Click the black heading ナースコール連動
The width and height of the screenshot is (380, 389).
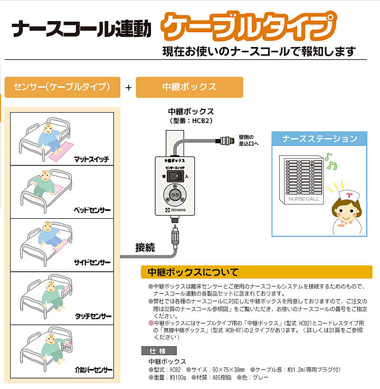tap(82, 29)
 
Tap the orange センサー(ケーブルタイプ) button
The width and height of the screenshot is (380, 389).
tap(62, 87)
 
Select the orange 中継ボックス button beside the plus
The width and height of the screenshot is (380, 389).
tap(189, 87)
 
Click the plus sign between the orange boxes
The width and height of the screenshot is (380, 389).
tap(128, 88)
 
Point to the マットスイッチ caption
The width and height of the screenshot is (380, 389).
tap(91, 158)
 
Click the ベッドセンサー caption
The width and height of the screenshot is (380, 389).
tap(91, 210)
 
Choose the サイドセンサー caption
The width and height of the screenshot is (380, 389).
tap(91, 262)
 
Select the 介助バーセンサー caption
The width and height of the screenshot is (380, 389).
tap(90, 370)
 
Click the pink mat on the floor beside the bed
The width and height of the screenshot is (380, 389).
tap(62, 150)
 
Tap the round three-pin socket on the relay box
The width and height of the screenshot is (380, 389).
tap(174, 195)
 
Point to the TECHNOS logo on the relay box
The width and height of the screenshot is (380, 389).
tap(175, 210)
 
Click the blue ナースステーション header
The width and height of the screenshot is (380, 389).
tap(319, 139)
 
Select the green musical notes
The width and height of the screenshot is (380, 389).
tap(330, 161)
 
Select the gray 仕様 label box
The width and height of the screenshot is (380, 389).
tap(159, 350)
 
